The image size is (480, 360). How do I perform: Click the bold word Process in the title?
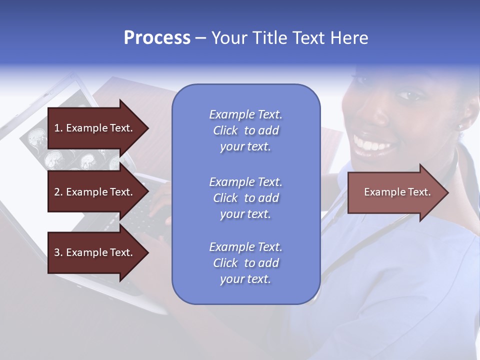(x=157, y=38)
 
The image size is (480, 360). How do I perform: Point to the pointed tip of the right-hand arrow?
(x=447, y=192)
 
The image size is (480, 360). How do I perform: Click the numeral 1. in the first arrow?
(x=58, y=128)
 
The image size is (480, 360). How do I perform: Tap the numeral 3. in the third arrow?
(x=58, y=252)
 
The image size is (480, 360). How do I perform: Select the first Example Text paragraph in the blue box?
(x=245, y=130)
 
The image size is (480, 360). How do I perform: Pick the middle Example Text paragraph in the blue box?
(x=245, y=198)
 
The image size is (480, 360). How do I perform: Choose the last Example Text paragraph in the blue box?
(x=245, y=263)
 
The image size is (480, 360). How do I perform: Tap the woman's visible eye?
(x=406, y=95)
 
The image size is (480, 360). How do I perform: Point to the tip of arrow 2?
(x=148, y=192)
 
